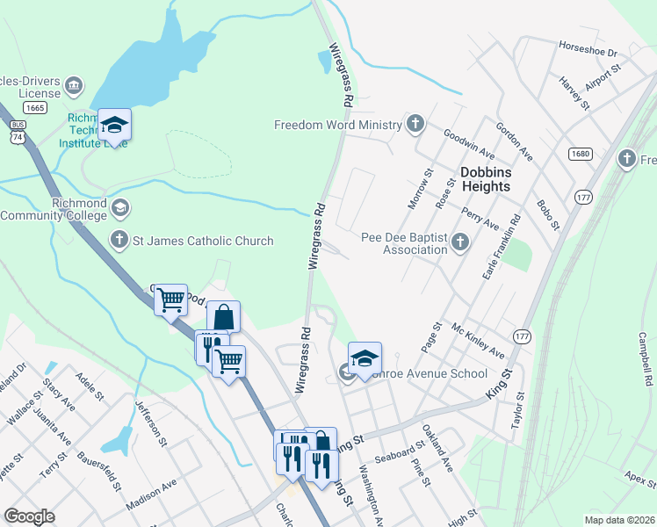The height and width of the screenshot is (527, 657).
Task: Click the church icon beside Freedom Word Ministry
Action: pos(415,124)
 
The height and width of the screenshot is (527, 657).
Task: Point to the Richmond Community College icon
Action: pos(120,209)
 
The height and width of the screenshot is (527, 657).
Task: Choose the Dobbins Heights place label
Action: pos(485,179)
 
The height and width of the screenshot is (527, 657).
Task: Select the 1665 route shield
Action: pos(35,107)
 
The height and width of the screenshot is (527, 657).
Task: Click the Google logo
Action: pos(29,516)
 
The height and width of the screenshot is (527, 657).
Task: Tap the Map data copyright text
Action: pos(619,520)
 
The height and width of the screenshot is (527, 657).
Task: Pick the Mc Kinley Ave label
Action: pos(477,340)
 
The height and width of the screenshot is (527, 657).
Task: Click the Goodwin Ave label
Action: pos(469,140)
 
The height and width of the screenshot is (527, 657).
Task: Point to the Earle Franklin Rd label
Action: pos(502,248)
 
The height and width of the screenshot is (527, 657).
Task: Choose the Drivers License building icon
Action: pos(74,86)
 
